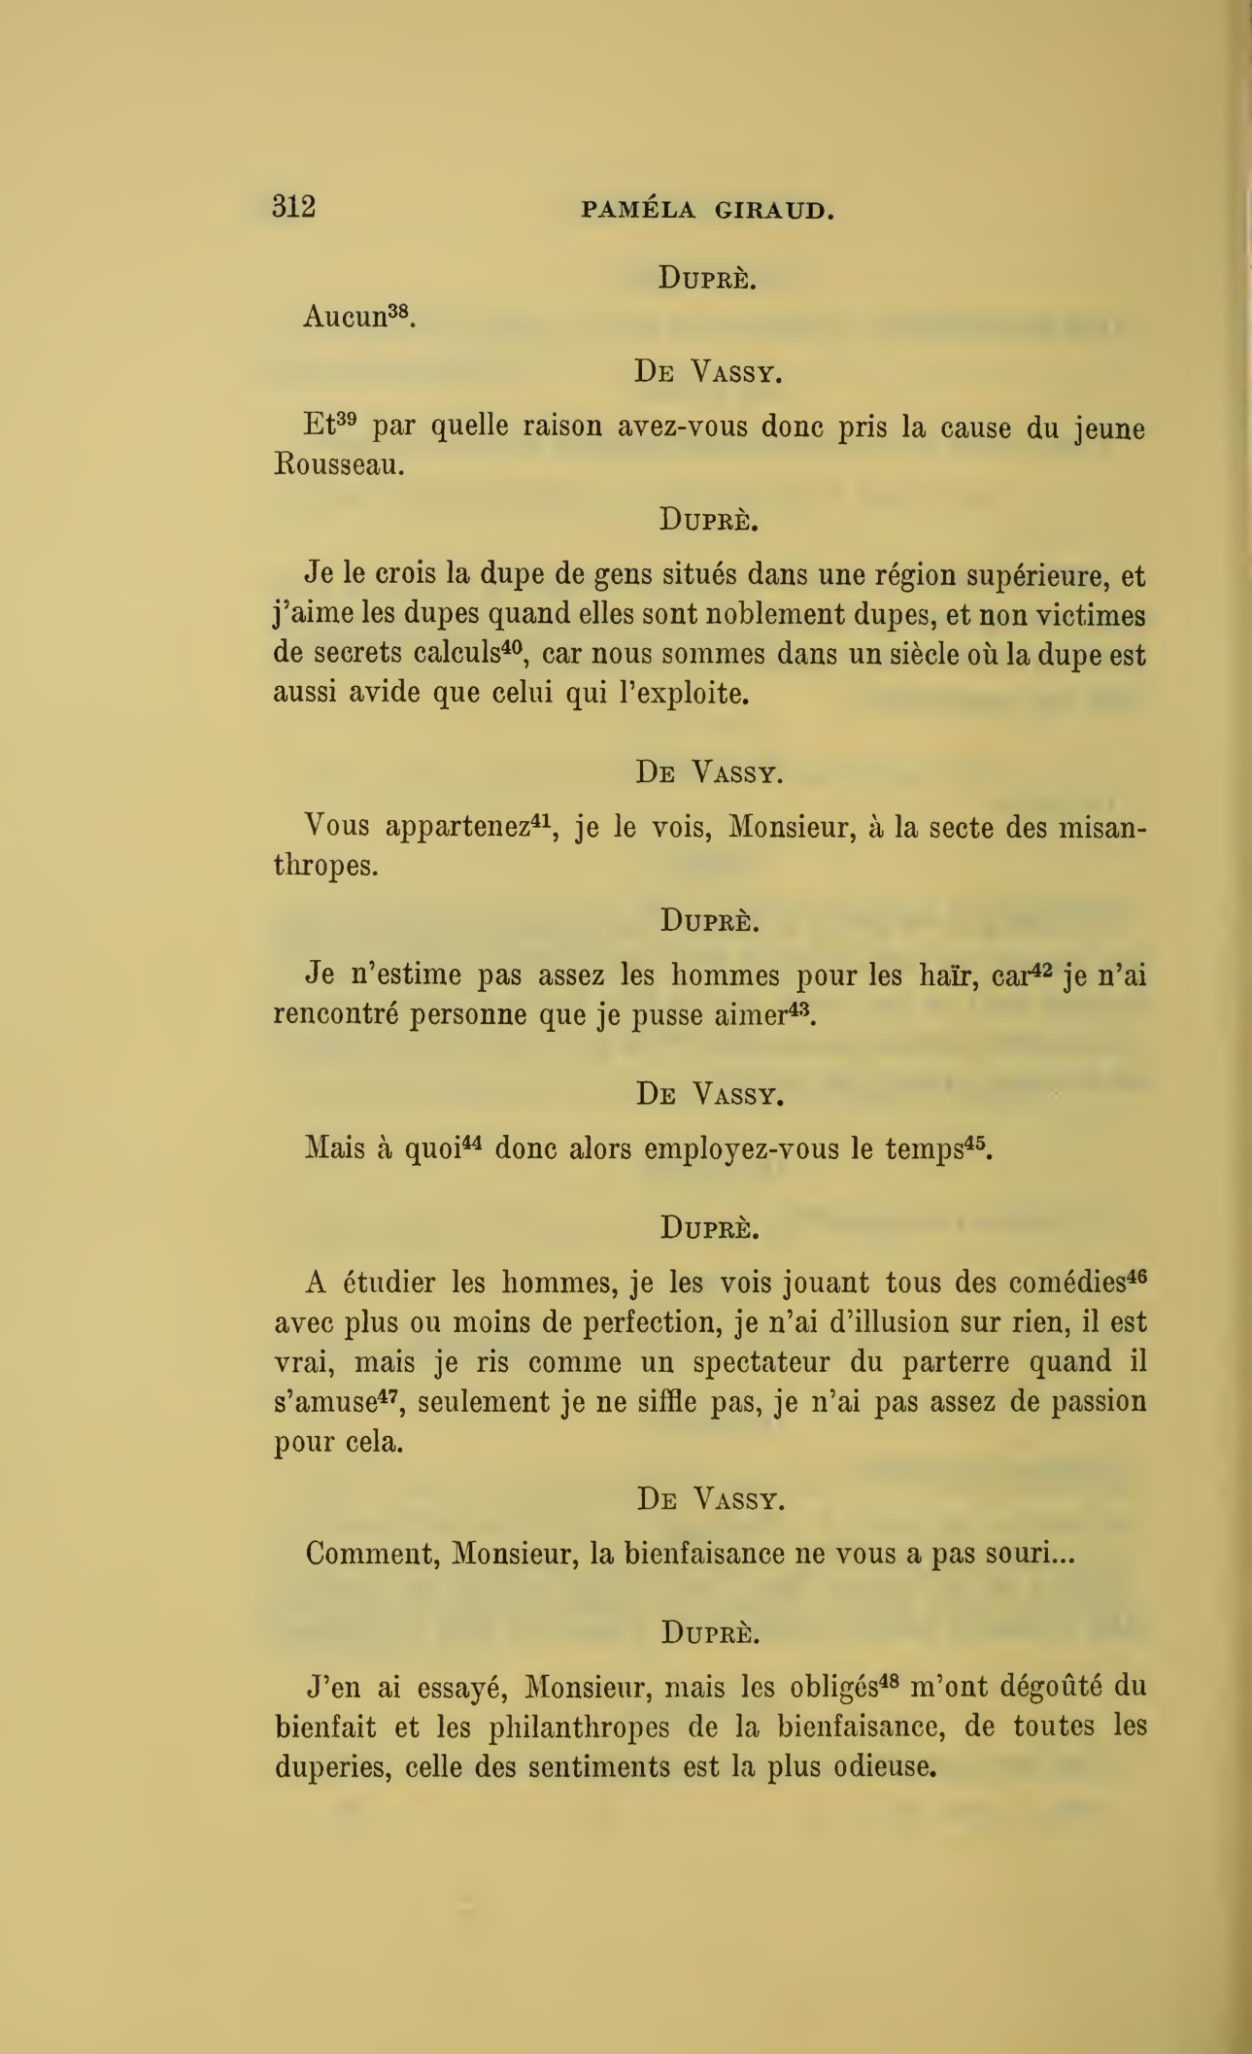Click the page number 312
click(x=293, y=207)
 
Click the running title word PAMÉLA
click(x=638, y=210)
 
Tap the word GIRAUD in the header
click(x=774, y=210)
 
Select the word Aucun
click(x=345, y=318)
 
